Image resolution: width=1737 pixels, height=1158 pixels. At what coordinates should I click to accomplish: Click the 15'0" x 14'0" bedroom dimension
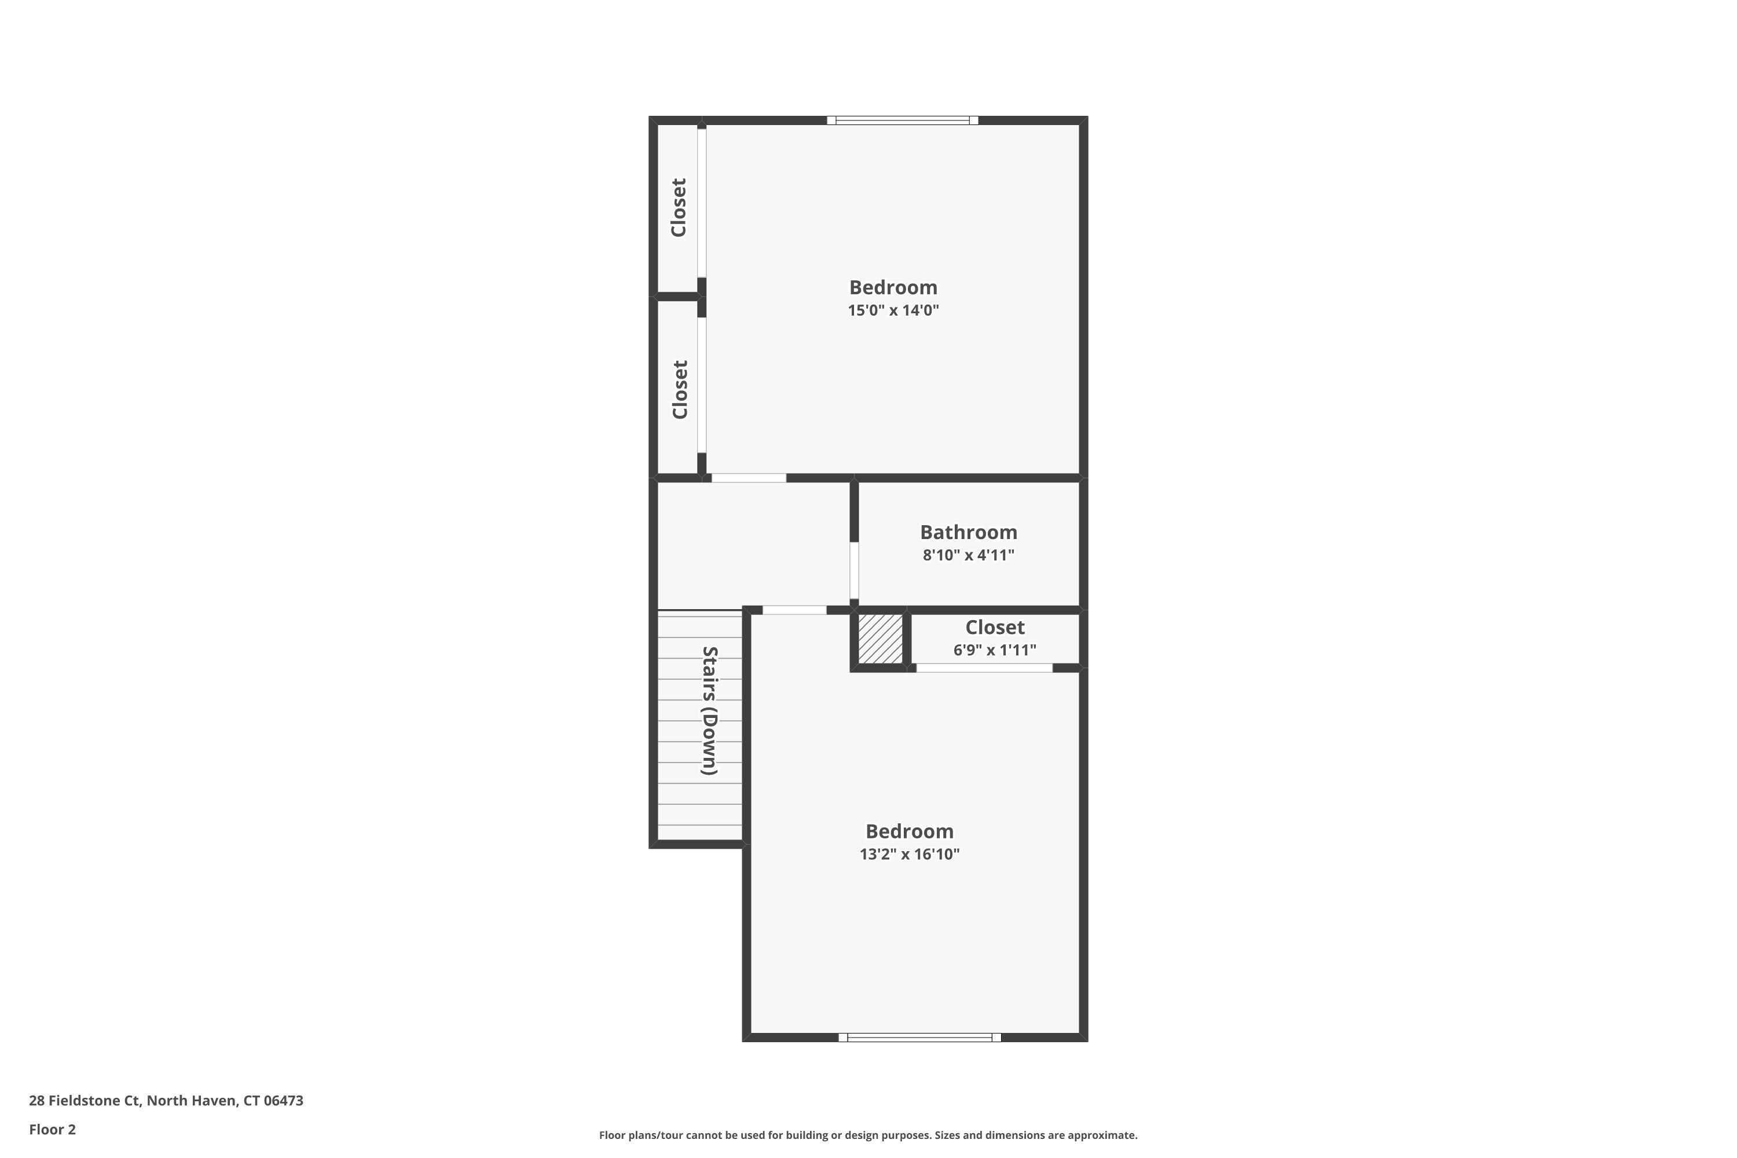893,310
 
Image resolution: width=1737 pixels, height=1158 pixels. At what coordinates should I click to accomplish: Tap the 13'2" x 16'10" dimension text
909,855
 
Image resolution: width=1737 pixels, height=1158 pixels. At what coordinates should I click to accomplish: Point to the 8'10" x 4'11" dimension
968,555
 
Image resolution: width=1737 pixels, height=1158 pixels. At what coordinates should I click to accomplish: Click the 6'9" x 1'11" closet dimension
994,650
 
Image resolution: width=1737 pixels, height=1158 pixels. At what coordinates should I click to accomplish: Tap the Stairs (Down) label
710,710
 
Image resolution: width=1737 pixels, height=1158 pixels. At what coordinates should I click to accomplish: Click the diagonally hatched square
880,638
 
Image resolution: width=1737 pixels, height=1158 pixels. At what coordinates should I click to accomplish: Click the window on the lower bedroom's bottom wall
919,1038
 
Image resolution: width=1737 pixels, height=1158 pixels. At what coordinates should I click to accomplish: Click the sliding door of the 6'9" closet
984,668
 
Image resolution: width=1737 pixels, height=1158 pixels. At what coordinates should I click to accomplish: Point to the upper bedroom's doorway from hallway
748,478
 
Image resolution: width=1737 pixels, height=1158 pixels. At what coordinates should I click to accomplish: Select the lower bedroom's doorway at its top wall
794,610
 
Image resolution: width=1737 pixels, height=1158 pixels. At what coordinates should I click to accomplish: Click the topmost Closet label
679,207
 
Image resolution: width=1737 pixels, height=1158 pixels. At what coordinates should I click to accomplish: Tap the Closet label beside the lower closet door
680,389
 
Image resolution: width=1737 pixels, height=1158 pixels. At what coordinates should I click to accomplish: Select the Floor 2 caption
53,1129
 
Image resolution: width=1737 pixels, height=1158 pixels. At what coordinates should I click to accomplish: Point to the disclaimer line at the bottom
868,1135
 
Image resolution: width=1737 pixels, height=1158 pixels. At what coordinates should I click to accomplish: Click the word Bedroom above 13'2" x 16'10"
909,831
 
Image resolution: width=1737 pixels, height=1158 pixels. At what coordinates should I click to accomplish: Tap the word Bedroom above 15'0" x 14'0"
893,287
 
